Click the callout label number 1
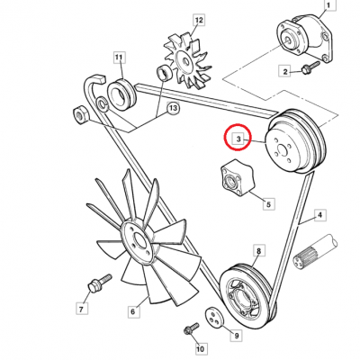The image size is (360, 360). click(328, 5)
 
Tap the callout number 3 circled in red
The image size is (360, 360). click(238, 139)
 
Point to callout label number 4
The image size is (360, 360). click(319, 215)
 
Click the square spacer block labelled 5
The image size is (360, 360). click(237, 177)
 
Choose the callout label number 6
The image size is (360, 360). click(133, 311)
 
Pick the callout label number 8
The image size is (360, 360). click(259, 250)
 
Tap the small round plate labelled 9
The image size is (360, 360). click(215, 318)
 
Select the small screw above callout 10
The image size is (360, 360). click(191, 328)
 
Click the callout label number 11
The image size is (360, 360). click(119, 58)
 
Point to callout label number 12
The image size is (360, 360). click(199, 20)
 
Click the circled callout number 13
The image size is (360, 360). click(173, 108)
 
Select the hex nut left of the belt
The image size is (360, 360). click(81, 115)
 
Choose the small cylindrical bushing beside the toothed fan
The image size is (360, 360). click(165, 73)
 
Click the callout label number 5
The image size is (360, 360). click(268, 204)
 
